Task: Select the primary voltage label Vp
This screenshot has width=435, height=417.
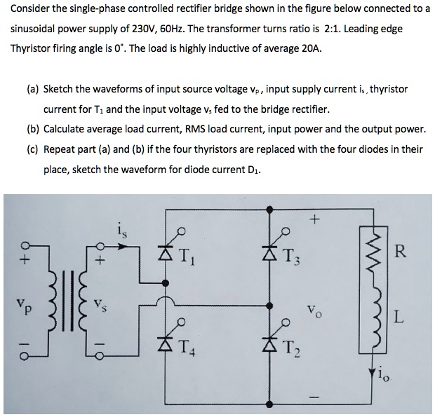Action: (20, 308)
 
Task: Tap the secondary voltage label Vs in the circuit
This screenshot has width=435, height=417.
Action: (104, 308)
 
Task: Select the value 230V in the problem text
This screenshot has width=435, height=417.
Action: (161, 32)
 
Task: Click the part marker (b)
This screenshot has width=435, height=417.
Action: (33, 130)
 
